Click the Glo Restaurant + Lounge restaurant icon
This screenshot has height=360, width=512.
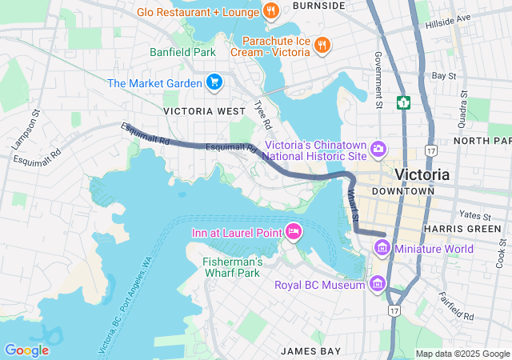pos(271,11)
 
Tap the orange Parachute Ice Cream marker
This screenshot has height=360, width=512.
pos(322,45)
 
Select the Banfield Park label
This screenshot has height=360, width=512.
pos(183,52)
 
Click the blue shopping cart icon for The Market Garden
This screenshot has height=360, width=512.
pos(214,82)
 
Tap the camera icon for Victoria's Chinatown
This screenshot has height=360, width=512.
pos(378,148)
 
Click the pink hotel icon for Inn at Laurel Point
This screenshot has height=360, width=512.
pos(293,232)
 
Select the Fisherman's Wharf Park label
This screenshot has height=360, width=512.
pos(233,267)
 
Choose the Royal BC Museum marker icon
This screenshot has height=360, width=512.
pos(377,284)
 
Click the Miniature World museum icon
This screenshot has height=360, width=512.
pos(382,249)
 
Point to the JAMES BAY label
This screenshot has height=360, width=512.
pos(310,350)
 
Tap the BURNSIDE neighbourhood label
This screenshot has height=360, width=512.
pos(318,6)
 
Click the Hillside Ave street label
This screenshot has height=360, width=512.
pos(470,19)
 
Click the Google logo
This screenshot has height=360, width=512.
pos(26,350)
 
